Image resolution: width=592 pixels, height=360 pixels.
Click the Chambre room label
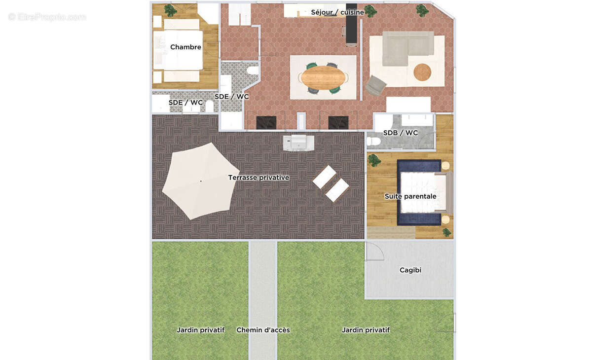pos(185,47)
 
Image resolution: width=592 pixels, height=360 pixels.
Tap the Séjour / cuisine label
pos(337,12)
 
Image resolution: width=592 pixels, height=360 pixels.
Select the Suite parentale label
pos(410,196)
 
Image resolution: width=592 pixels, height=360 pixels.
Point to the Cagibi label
pos(410,270)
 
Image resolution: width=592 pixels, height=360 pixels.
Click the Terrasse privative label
pos(259,178)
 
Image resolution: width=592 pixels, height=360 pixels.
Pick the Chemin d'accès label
pos(263,330)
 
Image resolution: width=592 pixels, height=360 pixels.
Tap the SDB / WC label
pos(401,133)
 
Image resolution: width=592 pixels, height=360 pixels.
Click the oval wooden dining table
pos(323,78)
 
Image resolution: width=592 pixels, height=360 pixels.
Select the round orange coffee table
pos(422,72)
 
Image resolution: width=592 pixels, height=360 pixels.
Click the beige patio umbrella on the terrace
pos(200,181)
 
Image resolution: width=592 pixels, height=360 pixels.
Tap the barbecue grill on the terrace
pos(298,143)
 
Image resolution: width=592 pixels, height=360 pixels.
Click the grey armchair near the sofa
pos(375,86)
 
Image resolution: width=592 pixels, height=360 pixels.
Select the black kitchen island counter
pos(351,24)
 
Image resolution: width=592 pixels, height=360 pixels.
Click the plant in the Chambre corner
pos(171,10)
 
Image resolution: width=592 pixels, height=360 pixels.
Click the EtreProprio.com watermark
pos(47,17)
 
